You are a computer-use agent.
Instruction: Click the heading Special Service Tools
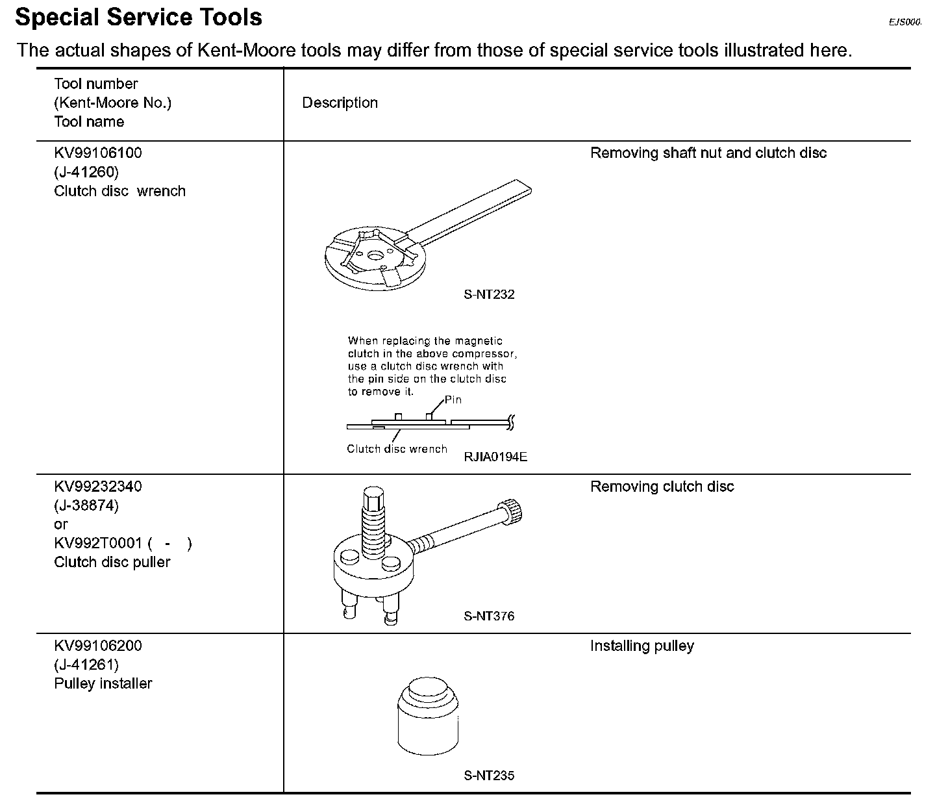[x=138, y=17]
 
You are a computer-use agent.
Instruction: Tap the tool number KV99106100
[x=98, y=153]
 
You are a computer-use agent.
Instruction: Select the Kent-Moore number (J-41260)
[x=86, y=172]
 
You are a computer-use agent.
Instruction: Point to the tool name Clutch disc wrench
[x=120, y=191]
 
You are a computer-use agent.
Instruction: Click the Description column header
[x=340, y=103]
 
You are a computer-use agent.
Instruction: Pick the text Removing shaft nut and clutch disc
[x=708, y=153]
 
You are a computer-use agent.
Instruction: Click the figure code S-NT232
[x=489, y=294]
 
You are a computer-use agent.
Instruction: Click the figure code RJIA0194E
[x=495, y=457]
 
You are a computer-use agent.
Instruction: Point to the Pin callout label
[x=453, y=399]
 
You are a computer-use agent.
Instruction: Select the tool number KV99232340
[x=98, y=487]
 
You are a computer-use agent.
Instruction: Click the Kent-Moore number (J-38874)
[x=86, y=505]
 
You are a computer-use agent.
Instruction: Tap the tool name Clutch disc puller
[x=112, y=562]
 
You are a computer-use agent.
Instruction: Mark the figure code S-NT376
[x=489, y=616]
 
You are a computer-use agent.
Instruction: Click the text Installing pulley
[x=642, y=646]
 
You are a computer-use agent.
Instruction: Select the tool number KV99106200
[x=98, y=646]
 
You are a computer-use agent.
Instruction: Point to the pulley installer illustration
[x=427, y=717]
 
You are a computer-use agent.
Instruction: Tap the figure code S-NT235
[x=489, y=776]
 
